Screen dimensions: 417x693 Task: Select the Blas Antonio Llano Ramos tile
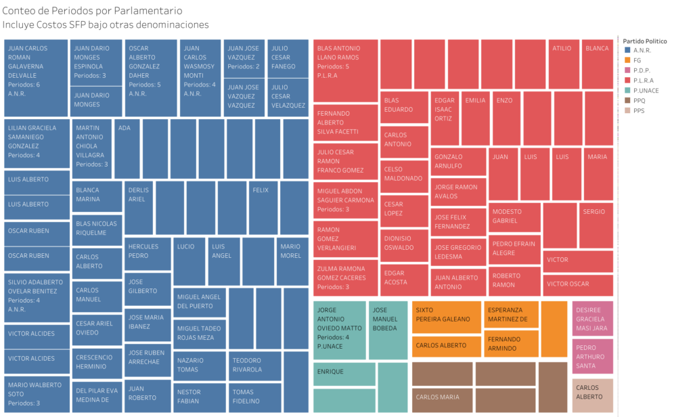tap(345, 70)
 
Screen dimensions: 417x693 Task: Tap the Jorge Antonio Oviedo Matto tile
tap(339, 330)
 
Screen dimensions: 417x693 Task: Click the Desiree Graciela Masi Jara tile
tap(592, 318)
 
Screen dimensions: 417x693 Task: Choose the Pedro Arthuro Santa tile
tap(592, 356)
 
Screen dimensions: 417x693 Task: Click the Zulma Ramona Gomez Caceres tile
tap(345, 278)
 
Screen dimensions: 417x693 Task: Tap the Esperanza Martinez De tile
tap(511, 314)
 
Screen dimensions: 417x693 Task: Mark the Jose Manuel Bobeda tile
tap(388, 330)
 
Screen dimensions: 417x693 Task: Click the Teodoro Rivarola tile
tap(254, 366)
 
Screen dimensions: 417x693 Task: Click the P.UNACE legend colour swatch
tap(627, 90)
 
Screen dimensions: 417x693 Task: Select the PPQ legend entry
tap(639, 100)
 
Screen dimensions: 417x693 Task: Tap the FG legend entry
tap(637, 60)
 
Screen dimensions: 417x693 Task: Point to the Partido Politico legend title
tap(644, 41)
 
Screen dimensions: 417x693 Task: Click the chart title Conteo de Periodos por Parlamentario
tap(92, 12)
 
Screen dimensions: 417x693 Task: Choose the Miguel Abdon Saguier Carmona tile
tap(345, 200)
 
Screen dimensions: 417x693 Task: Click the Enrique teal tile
tap(344, 373)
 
